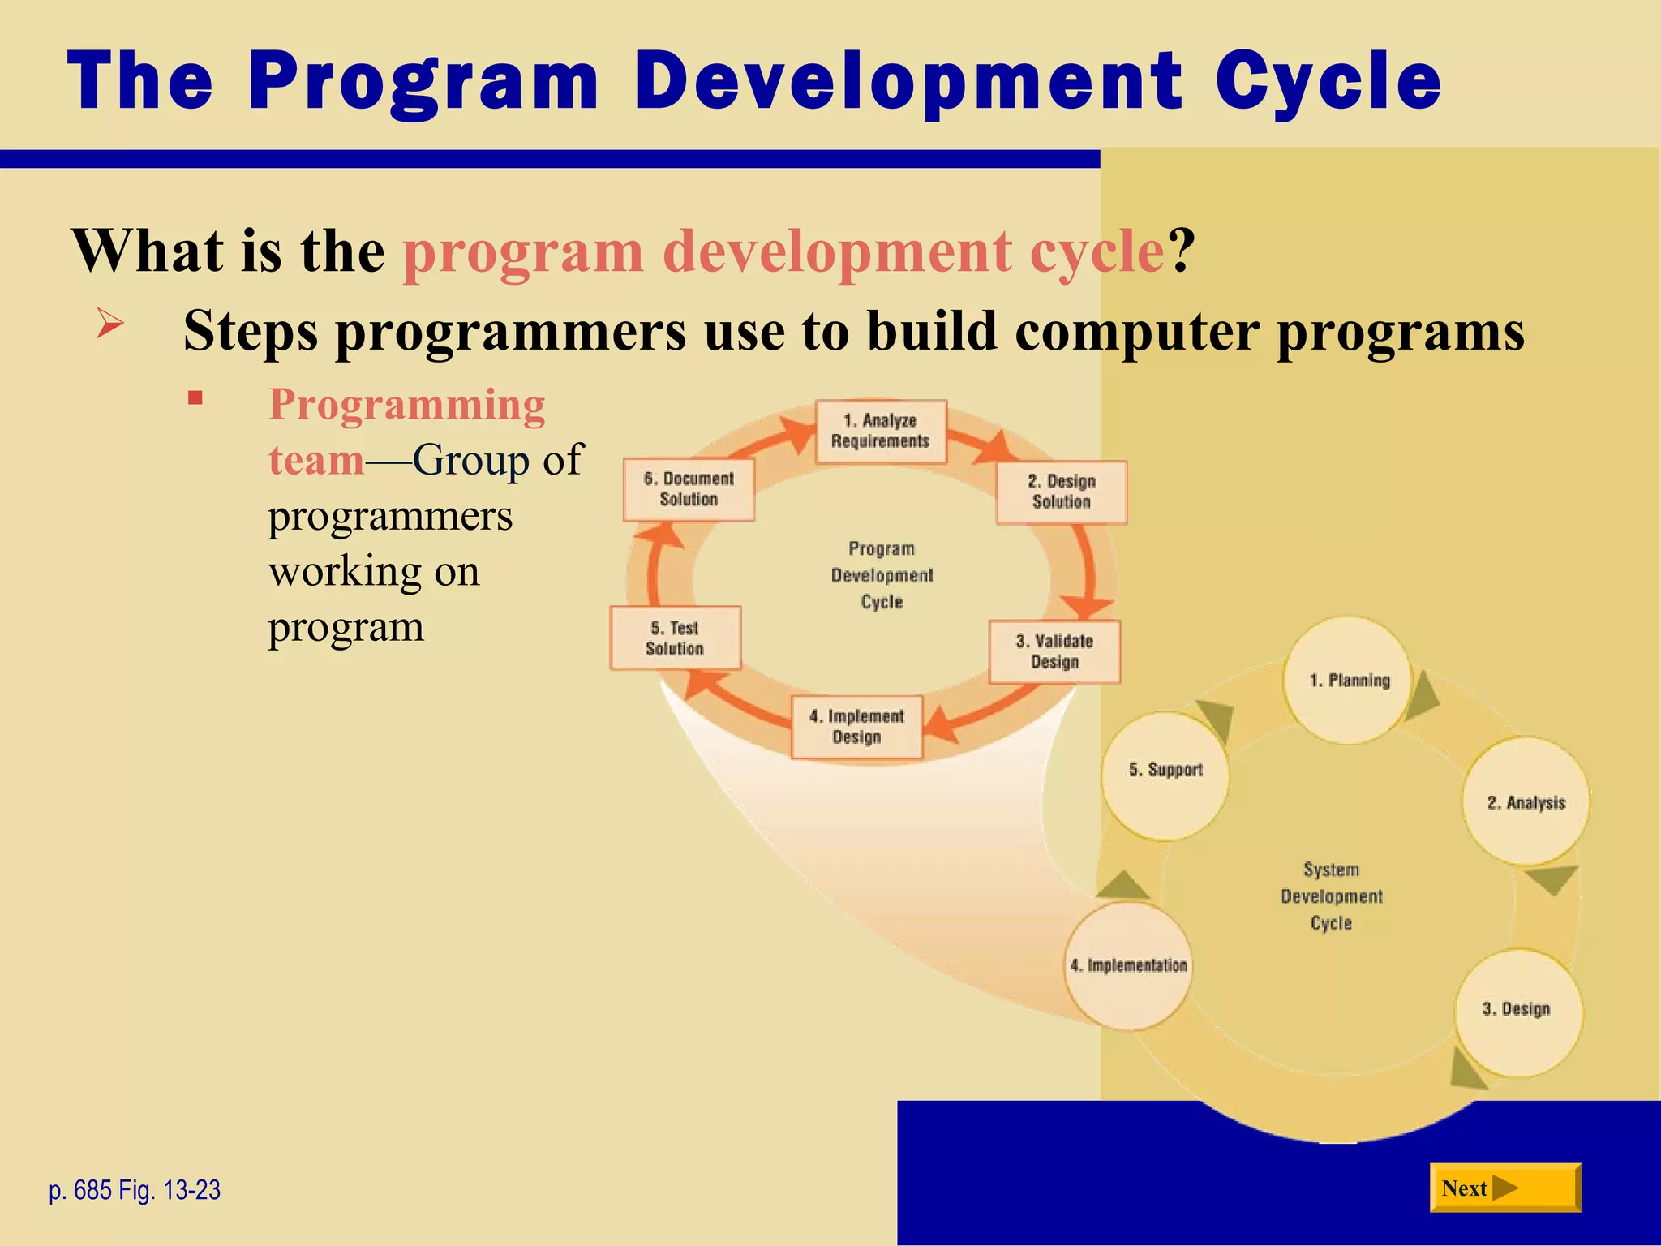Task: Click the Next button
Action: point(1504,1188)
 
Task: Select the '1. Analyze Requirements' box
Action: point(881,432)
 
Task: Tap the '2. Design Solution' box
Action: point(1061,492)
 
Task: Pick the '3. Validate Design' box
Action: point(1054,651)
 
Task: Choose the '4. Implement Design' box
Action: point(856,727)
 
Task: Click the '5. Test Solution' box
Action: point(676,638)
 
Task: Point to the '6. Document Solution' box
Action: point(689,489)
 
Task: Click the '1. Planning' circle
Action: point(1349,681)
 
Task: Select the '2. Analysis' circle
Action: point(1526,802)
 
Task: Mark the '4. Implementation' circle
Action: point(1128,966)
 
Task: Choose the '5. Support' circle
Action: point(1165,771)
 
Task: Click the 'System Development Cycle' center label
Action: point(1331,896)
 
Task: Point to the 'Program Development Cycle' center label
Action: point(882,575)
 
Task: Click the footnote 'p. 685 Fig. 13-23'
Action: point(135,1190)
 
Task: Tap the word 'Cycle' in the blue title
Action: point(1328,81)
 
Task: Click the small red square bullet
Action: point(195,397)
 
